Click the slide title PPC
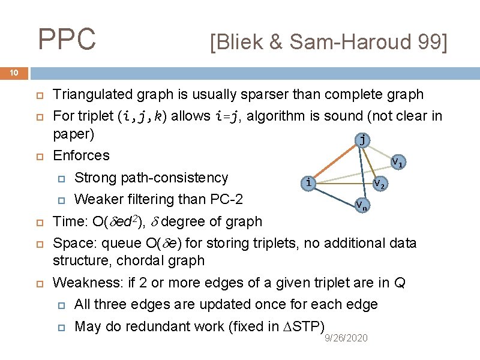pyautogui.click(x=67, y=40)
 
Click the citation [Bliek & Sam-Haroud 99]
pyautogui.click(x=328, y=42)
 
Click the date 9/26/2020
pyautogui.click(x=346, y=339)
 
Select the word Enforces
pyautogui.click(x=82, y=155)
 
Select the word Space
pyautogui.click(x=71, y=243)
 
